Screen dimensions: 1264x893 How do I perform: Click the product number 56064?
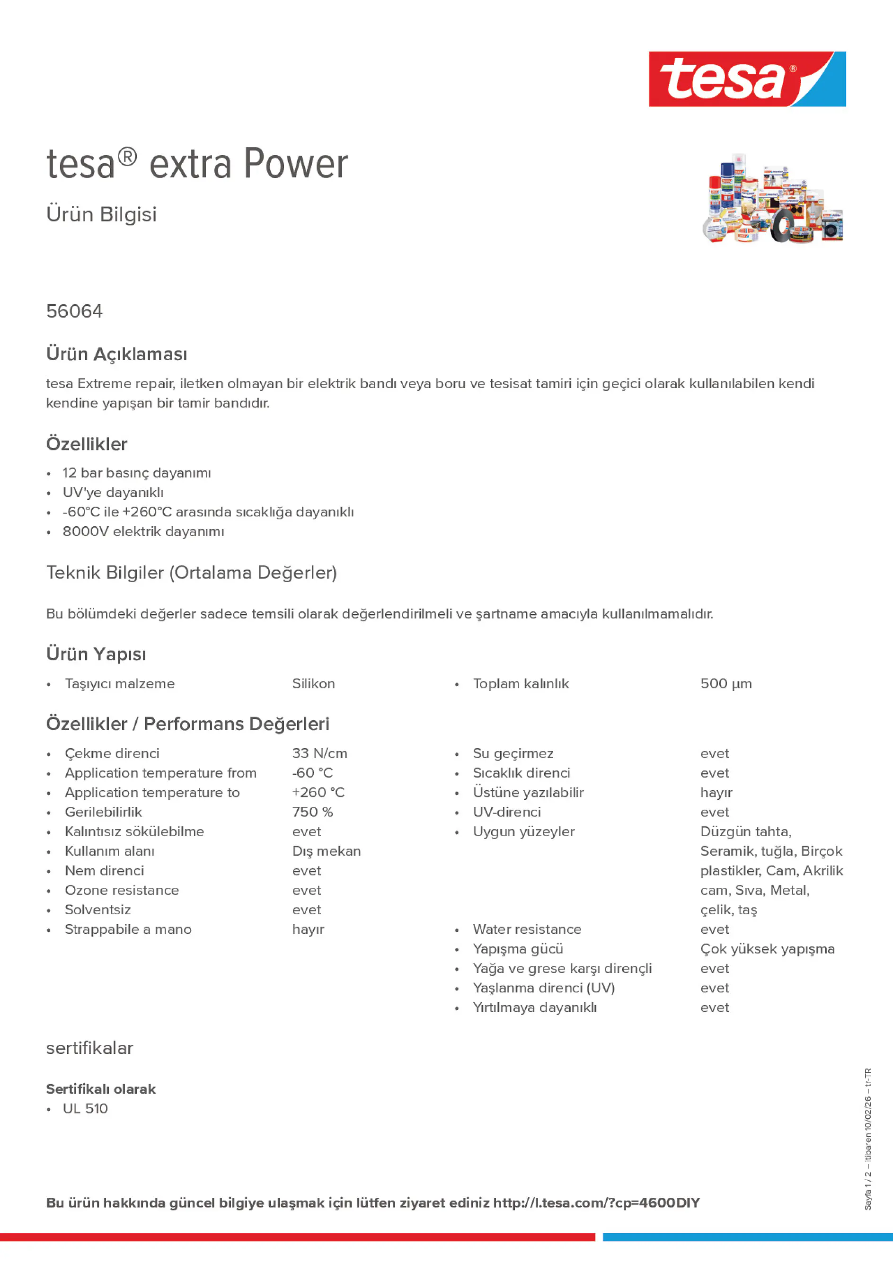[74, 311]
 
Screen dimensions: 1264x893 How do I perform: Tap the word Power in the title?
[296, 164]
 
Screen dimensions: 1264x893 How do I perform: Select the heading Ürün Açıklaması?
[117, 354]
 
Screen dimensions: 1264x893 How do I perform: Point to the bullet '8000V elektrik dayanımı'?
[143, 532]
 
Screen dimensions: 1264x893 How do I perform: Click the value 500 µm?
[725, 684]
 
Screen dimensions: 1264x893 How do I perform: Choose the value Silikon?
[313, 684]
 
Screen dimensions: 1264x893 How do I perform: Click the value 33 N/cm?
[319, 754]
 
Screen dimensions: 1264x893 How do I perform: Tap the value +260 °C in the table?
[318, 793]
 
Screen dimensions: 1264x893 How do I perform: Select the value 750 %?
[312, 812]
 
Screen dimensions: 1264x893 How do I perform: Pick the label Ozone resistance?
[122, 890]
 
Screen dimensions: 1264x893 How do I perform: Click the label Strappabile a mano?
[128, 929]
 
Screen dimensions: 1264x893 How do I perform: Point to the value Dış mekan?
[327, 851]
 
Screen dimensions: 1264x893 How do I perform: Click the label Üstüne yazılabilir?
[528, 793]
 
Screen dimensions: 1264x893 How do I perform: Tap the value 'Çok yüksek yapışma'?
[767, 949]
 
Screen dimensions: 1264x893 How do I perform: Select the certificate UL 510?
[85, 1109]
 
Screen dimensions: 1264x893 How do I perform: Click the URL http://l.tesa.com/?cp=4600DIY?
[596, 1203]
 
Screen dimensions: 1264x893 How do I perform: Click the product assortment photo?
[772, 199]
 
